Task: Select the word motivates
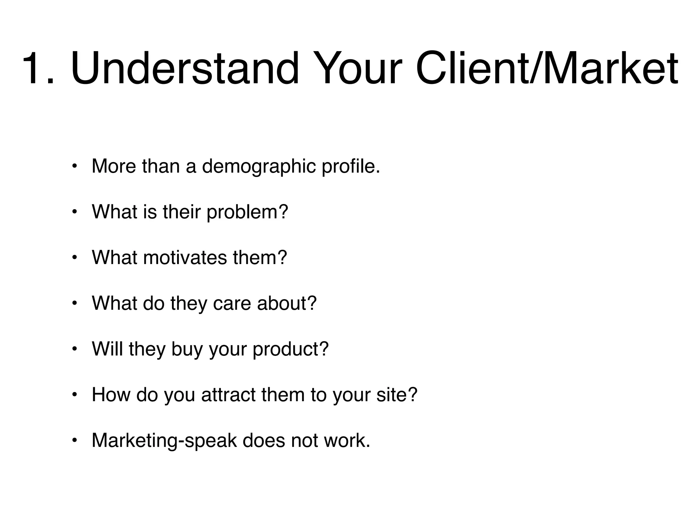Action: pos(185,258)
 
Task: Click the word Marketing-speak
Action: pos(164,440)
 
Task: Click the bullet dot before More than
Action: pos(75,166)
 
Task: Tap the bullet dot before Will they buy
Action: pos(75,349)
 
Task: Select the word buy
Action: pos(187,349)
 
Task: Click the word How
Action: pos(111,395)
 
